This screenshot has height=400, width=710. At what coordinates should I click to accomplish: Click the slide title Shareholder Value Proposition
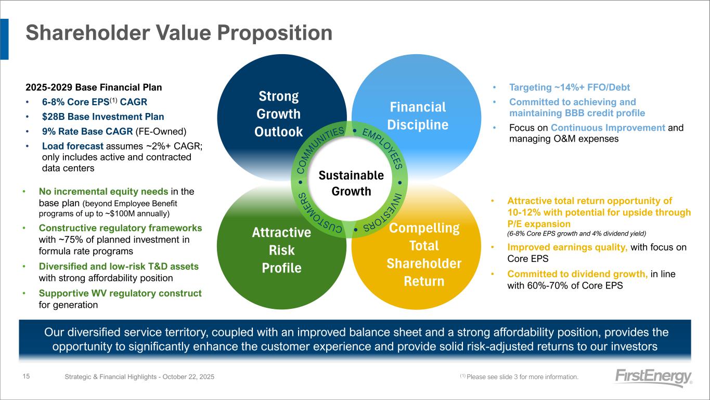(179, 33)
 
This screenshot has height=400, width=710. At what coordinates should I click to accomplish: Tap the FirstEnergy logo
(653, 378)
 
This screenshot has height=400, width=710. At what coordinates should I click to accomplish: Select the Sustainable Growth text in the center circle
(351, 183)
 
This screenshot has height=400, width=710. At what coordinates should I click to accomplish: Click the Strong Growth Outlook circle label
(279, 114)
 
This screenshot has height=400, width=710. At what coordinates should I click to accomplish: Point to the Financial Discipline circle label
(418, 116)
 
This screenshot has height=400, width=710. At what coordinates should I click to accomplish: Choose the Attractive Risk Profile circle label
(281, 250)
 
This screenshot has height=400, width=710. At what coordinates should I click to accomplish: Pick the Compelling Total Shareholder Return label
(424, 255)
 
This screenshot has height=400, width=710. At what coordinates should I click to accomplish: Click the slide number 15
(26, 376)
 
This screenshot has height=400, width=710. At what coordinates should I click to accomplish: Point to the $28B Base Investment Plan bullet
(103, 117)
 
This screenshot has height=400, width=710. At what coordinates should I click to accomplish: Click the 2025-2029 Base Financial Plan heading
(94, 87)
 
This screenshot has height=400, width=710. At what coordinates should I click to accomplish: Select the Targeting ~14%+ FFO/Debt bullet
(570, 87)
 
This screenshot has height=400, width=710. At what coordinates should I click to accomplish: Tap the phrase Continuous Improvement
(608, 128)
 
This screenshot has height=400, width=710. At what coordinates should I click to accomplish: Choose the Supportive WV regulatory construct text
(120, 293)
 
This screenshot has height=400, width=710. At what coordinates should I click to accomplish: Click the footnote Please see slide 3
(519, 377)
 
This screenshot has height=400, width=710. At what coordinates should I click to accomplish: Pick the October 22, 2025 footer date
(188, 377)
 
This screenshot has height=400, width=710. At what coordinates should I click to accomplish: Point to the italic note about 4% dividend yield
(576, 234)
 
